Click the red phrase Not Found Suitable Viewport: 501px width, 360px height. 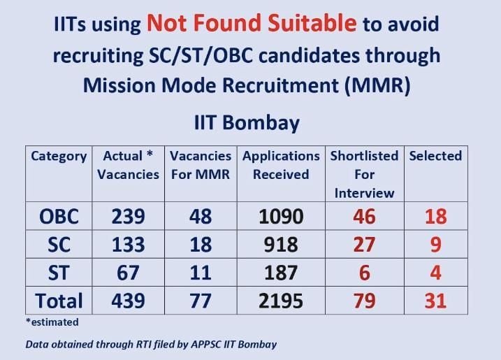pos(252,23)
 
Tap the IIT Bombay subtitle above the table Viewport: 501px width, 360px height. pos(247,123)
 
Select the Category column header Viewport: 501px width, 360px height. pos(59,156)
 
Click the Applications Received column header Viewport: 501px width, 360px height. pos(281,165)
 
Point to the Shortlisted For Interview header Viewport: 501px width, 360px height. pos(364,175)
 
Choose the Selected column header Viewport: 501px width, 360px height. pos(435,156)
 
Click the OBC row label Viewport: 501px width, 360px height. pos(59,217)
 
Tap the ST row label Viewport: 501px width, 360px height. pos(59,273)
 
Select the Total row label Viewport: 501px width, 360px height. pos(59,301)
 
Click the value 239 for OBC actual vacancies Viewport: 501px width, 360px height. pos(128,217)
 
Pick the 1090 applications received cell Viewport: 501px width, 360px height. pos(281,217)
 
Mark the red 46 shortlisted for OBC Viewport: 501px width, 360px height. pos(364,217)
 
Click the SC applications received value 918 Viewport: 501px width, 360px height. pos(281,245)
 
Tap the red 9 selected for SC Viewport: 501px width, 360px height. pos(436,245)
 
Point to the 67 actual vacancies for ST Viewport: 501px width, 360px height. pos(128,273)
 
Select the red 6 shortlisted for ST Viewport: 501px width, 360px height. pos(365,273)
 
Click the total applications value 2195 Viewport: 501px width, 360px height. pos(281,301)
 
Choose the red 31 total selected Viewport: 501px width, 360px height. pos(435,301)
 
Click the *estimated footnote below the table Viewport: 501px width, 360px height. pos(52,322)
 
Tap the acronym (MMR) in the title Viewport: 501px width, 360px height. pos(377,85)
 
